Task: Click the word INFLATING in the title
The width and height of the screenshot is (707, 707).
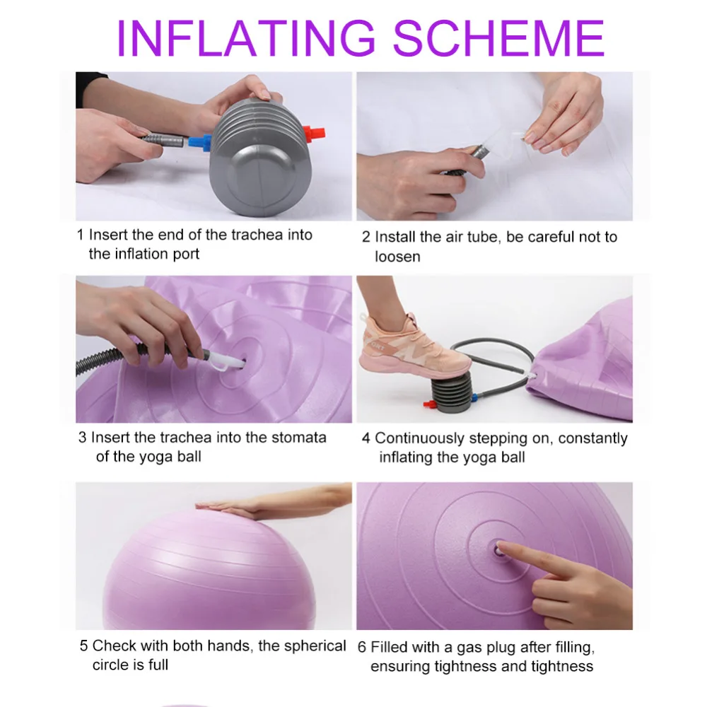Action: pyautogui.click(x=246, y=38)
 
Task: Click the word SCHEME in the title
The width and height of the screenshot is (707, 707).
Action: pyautogui.click(x=498, y=38)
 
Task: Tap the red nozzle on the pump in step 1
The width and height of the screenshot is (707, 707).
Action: pyautogui.click(x=314, y=134)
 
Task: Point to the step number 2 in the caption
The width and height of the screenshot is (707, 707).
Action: pyautogui.click(x=366, y=237)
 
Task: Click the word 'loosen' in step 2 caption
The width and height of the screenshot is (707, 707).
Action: pyautogui.click(x=397, y=257)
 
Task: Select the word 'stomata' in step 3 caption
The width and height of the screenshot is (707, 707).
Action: pyautogui.click(x=298, y=438)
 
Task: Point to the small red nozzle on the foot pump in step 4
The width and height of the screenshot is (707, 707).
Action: pyautogui.click(x=428, y=404)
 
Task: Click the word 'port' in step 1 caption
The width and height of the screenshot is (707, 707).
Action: pyautogui.click(x=186, y=255)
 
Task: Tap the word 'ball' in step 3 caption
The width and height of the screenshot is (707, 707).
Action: pyautogui.click(x=189, y=457)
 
